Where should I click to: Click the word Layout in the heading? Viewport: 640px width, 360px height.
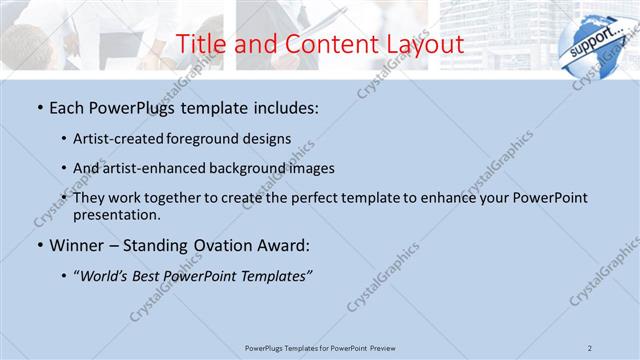pyautogui.click(x=424, y=44)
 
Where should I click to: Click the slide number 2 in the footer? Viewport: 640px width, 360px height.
pyautogui.click(x=590, y=347)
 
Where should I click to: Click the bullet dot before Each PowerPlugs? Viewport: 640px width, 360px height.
pyautogui.click(x=39, y=107)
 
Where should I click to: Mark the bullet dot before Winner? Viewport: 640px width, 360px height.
pyautogui.click(x=39, y=245)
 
